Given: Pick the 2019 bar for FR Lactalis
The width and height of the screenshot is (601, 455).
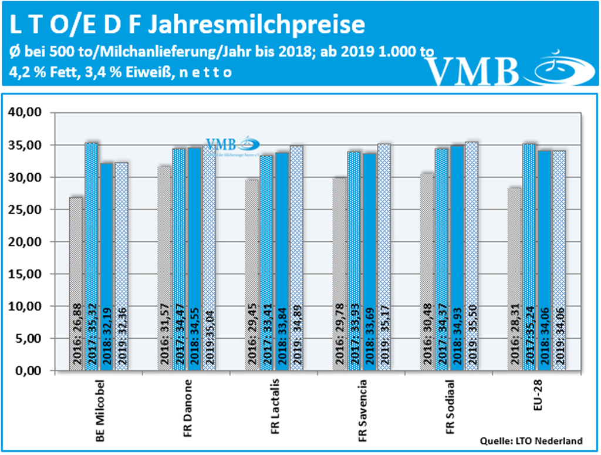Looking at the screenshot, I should pos(296,258).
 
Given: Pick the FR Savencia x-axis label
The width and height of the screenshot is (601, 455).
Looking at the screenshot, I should pos(362,411).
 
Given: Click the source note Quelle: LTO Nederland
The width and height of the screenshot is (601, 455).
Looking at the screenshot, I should pos(531,440).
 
